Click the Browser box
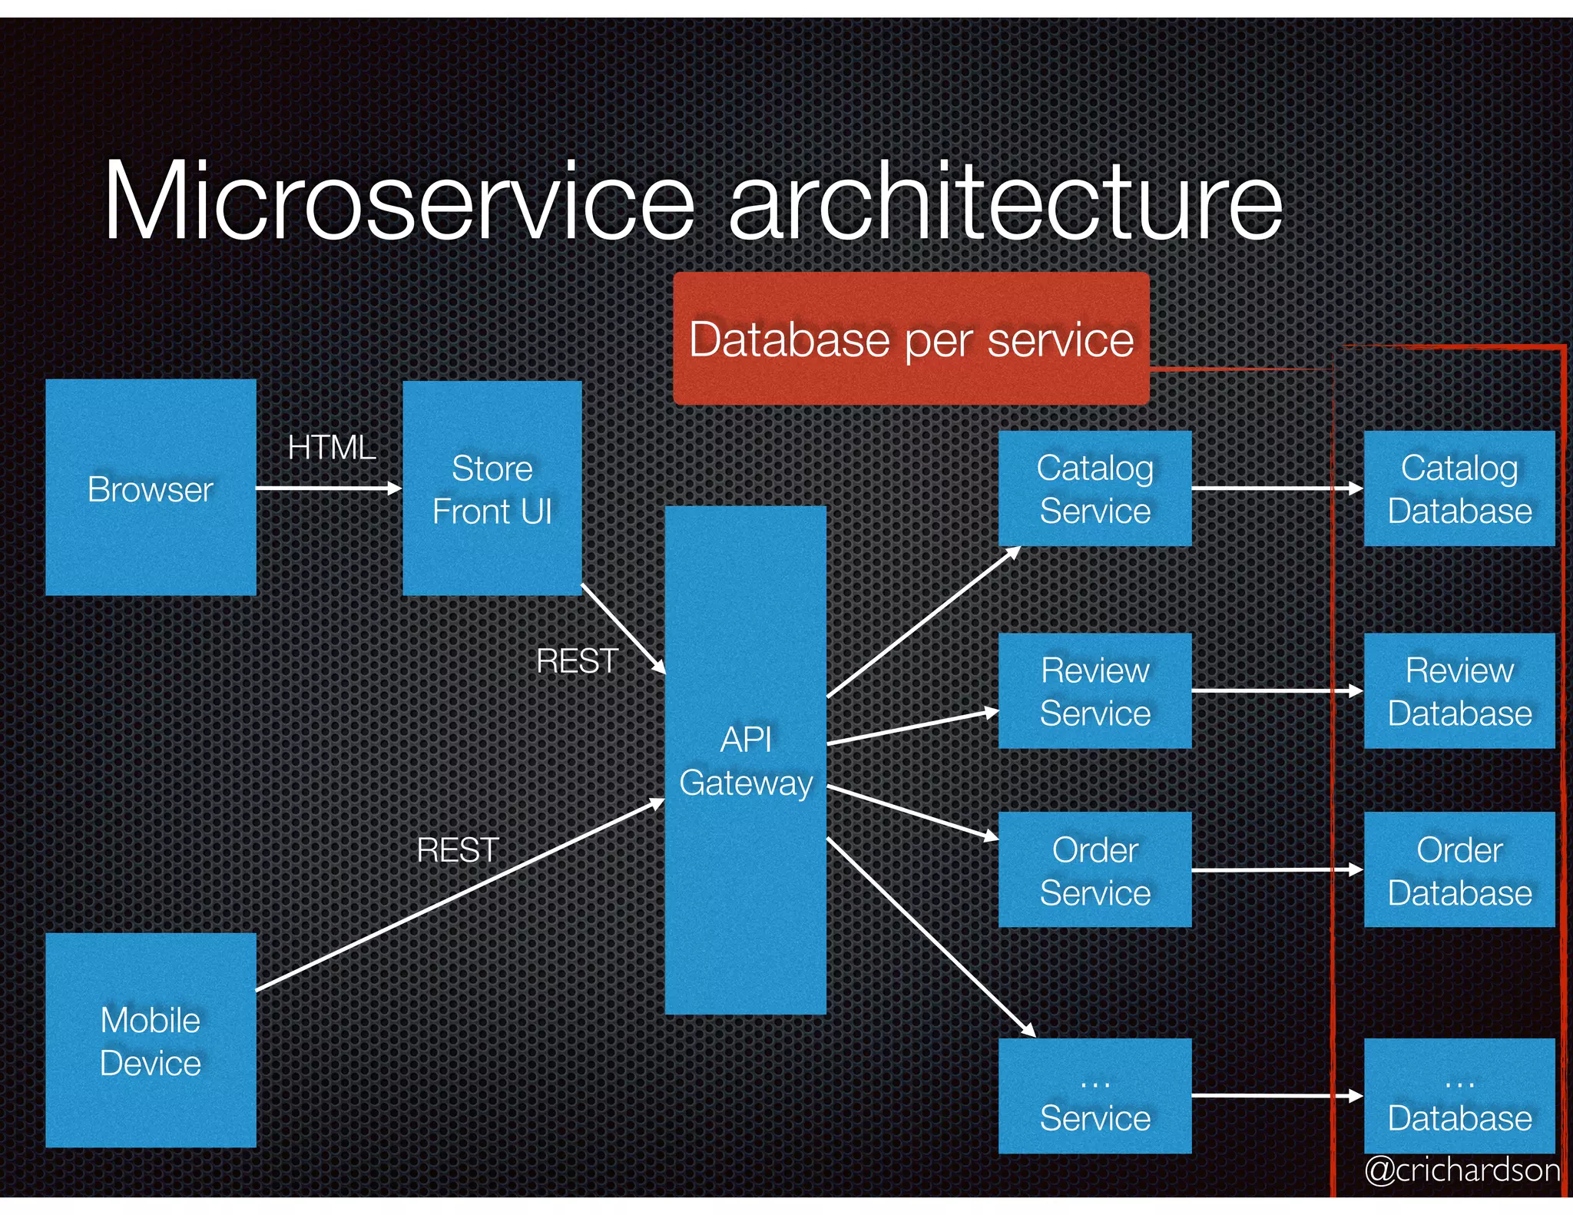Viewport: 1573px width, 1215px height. point(151,487)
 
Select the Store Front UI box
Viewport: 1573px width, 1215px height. point(492,488)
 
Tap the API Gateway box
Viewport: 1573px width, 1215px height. point(745,760)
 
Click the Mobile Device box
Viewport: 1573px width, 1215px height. point(151,1040)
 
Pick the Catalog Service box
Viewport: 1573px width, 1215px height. point(1094,488)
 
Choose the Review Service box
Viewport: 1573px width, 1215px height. point(1094,690)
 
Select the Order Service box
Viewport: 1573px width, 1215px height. point(1094,869)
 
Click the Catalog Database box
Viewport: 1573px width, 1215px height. point(1459,488)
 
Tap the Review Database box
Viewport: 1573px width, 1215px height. point(1459,690)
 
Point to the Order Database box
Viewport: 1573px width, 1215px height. point(1459,869)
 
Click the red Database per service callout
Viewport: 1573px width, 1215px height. point(911,339)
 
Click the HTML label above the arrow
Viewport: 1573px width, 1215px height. point(331,447)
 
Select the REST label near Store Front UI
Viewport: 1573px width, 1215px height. point(577,660)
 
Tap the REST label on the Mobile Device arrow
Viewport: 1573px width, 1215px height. point(458,849)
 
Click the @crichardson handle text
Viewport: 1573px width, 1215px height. point(1462,1170)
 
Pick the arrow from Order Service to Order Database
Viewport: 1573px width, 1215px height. point(1276,870)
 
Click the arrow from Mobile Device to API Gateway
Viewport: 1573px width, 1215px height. point(461,896)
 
